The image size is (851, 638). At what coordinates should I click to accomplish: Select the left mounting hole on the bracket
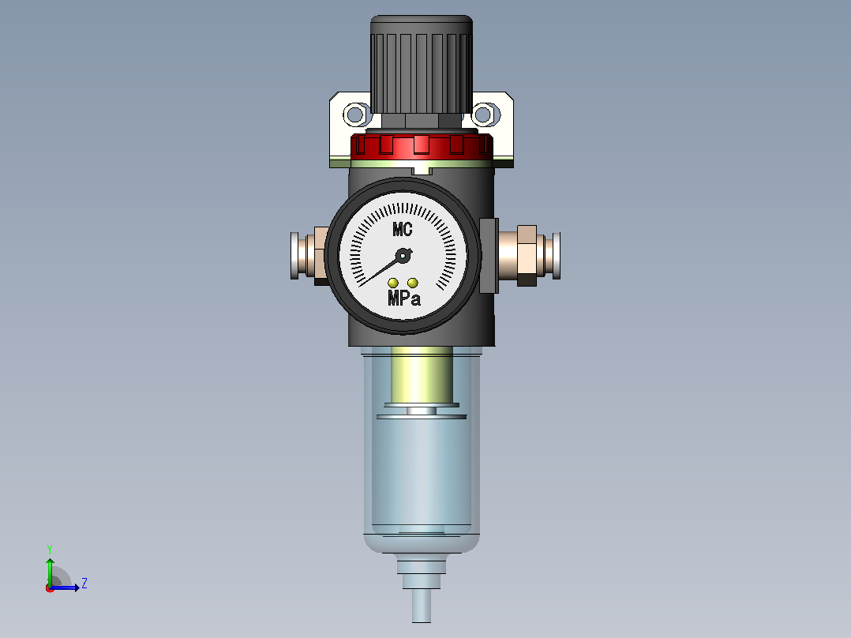click(355, 114)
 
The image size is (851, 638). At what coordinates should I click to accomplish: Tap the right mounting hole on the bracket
click(484, 114)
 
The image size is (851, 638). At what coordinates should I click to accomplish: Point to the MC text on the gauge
click(402, 230)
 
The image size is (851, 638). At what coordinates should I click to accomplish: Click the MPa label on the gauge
click(404, 298)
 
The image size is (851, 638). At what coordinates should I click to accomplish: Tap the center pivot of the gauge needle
click(403, 256)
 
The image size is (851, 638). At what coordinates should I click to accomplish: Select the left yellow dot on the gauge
click(393, 283)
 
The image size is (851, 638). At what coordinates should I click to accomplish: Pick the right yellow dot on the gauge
click(412, 283)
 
